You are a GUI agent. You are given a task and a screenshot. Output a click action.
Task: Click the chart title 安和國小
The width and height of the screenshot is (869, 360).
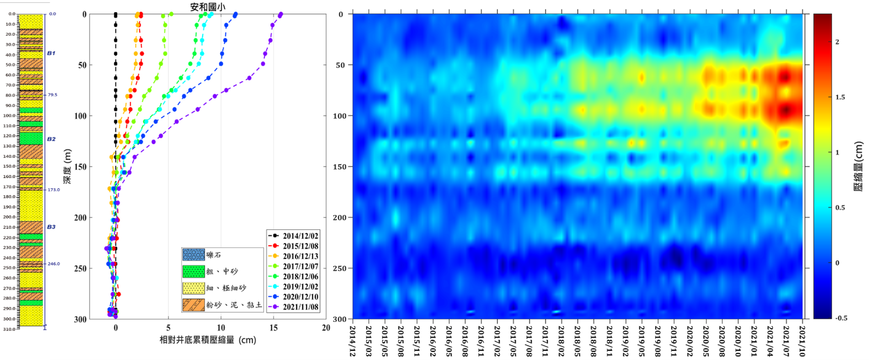pos(207,7)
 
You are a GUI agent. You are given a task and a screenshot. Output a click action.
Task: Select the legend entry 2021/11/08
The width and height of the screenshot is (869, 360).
pos(300,307)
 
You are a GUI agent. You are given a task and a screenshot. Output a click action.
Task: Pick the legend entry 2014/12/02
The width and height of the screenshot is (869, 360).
pos(300,236)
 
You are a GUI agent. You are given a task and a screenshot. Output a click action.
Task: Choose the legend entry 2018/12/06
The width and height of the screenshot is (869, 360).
pos(300,277)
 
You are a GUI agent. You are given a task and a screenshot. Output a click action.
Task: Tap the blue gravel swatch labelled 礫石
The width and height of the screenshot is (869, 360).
pos(193,255)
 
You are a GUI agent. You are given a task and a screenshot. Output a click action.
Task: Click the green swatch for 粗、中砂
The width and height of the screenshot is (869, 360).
pos(193,271)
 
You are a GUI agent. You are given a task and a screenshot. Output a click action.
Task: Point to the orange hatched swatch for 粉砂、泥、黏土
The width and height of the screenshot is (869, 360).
pos(193,305)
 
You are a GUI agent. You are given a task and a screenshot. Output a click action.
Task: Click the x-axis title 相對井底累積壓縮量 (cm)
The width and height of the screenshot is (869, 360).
pos(207,340)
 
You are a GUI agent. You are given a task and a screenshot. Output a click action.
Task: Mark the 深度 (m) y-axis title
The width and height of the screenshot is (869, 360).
pos(67,166)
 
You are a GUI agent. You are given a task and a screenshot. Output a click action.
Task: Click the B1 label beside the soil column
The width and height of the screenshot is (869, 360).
pos(51,53)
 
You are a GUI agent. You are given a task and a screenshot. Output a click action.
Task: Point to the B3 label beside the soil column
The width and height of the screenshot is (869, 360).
pos(51,227)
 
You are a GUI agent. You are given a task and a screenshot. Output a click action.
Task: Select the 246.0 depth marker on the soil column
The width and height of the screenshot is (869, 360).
pos(54,264)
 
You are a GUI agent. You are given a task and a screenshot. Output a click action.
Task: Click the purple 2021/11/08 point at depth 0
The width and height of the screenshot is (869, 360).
pos(281,15)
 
